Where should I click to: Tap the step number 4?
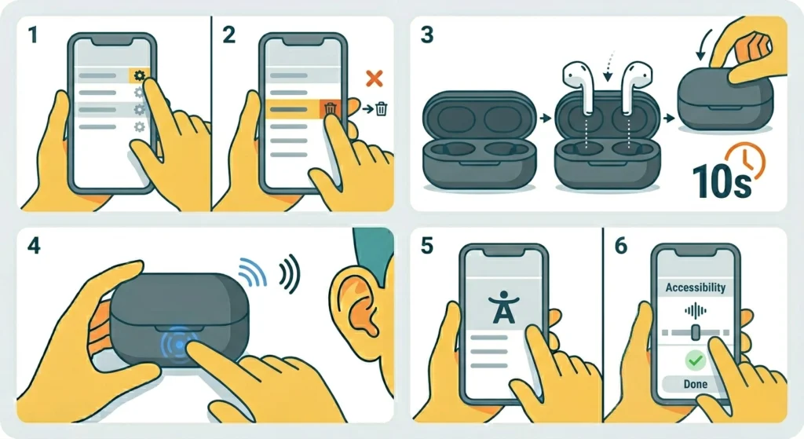coord(33,246)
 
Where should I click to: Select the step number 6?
coord(620,246)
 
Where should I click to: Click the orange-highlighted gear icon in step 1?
coord(139,75)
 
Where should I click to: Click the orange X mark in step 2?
coord(375,78)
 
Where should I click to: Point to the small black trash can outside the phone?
coord(381,110)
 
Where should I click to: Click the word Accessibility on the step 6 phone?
coord(695,287)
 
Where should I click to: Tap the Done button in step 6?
coord(695,384)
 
